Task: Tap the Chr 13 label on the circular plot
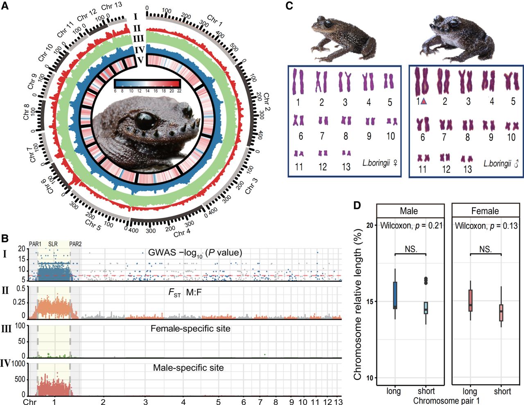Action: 112,7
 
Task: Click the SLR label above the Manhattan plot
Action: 53,244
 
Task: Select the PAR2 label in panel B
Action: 75,244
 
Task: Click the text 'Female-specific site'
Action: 190,329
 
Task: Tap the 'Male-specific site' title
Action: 188,368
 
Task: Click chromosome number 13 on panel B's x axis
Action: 338,402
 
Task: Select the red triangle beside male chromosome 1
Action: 424,102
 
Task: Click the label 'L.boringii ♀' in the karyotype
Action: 380,163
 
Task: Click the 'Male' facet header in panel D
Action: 409,211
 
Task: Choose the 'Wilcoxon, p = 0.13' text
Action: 486,226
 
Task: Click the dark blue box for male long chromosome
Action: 395,295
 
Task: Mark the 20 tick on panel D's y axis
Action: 370,226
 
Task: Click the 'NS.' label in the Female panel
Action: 486,249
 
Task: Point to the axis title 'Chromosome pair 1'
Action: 446,401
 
